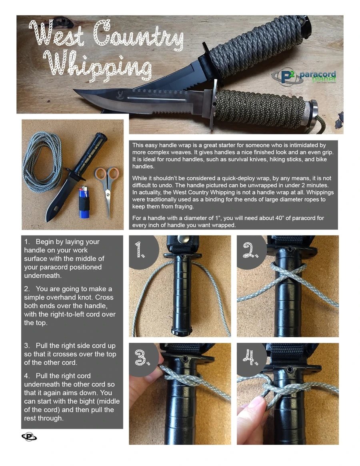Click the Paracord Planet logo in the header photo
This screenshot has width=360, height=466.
click(304, 76)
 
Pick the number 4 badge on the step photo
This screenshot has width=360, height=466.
click(250, 357)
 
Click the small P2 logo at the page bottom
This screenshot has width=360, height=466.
click(29, 437)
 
